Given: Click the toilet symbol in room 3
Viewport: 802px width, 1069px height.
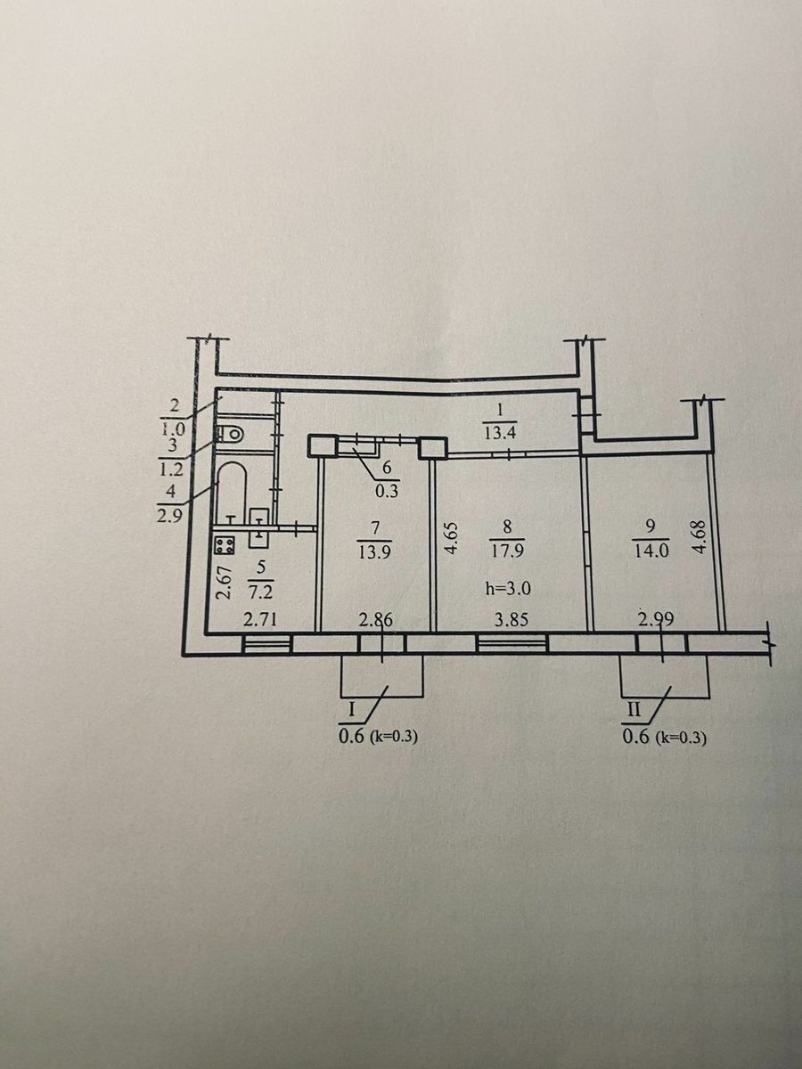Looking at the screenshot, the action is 231,432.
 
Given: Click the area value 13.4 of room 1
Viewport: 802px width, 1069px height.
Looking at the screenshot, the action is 500,433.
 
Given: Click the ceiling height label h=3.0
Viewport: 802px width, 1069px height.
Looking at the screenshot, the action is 507,589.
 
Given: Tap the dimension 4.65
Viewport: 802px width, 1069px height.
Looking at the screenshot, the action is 452,539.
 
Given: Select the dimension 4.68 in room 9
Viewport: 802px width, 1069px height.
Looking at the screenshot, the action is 700,537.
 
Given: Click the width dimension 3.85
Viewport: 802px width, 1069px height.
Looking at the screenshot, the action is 511,620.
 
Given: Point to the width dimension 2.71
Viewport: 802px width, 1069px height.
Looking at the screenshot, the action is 260,620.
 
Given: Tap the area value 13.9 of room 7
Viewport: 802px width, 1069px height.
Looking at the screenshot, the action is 373,552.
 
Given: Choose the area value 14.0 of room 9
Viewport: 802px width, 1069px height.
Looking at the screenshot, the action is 652,551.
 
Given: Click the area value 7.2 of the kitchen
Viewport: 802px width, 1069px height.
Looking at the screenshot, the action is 262,593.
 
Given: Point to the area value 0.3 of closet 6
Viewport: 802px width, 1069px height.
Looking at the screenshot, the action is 387,491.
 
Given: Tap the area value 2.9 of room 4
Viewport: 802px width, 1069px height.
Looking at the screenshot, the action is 169,515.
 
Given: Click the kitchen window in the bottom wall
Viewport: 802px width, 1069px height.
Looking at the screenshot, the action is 266,645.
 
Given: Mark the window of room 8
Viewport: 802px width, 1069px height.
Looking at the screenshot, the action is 511,645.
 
